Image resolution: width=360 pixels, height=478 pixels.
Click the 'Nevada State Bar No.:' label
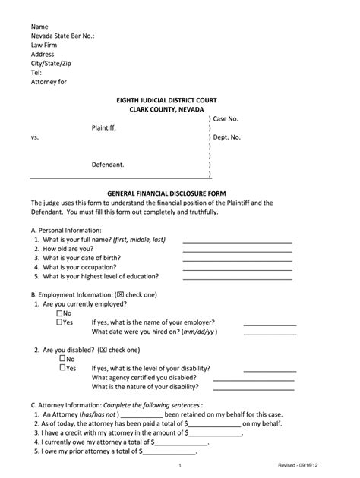(62, 36)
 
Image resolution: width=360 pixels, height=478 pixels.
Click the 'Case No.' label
(226, 119)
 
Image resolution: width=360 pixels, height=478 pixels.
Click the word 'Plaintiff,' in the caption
(104, 128)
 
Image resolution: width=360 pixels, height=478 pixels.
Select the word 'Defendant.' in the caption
(108, 165)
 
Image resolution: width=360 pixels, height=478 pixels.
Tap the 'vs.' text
(35, 137)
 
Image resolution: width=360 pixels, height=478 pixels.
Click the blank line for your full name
(237, 241)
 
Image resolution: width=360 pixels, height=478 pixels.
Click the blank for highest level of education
(237, 278)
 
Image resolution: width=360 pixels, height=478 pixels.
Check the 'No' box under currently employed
(60, 313)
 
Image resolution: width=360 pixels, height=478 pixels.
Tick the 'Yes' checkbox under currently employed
(60, 322)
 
